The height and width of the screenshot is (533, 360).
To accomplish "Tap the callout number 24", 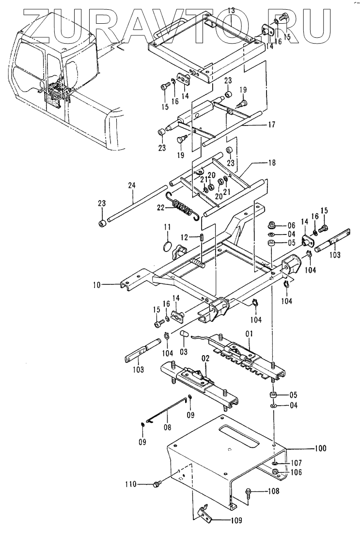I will (132, 185).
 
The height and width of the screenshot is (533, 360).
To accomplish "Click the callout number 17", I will (271, 125).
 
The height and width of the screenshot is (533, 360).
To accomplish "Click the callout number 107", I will (296, 463).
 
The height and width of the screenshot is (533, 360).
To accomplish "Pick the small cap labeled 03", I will (185, 335).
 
